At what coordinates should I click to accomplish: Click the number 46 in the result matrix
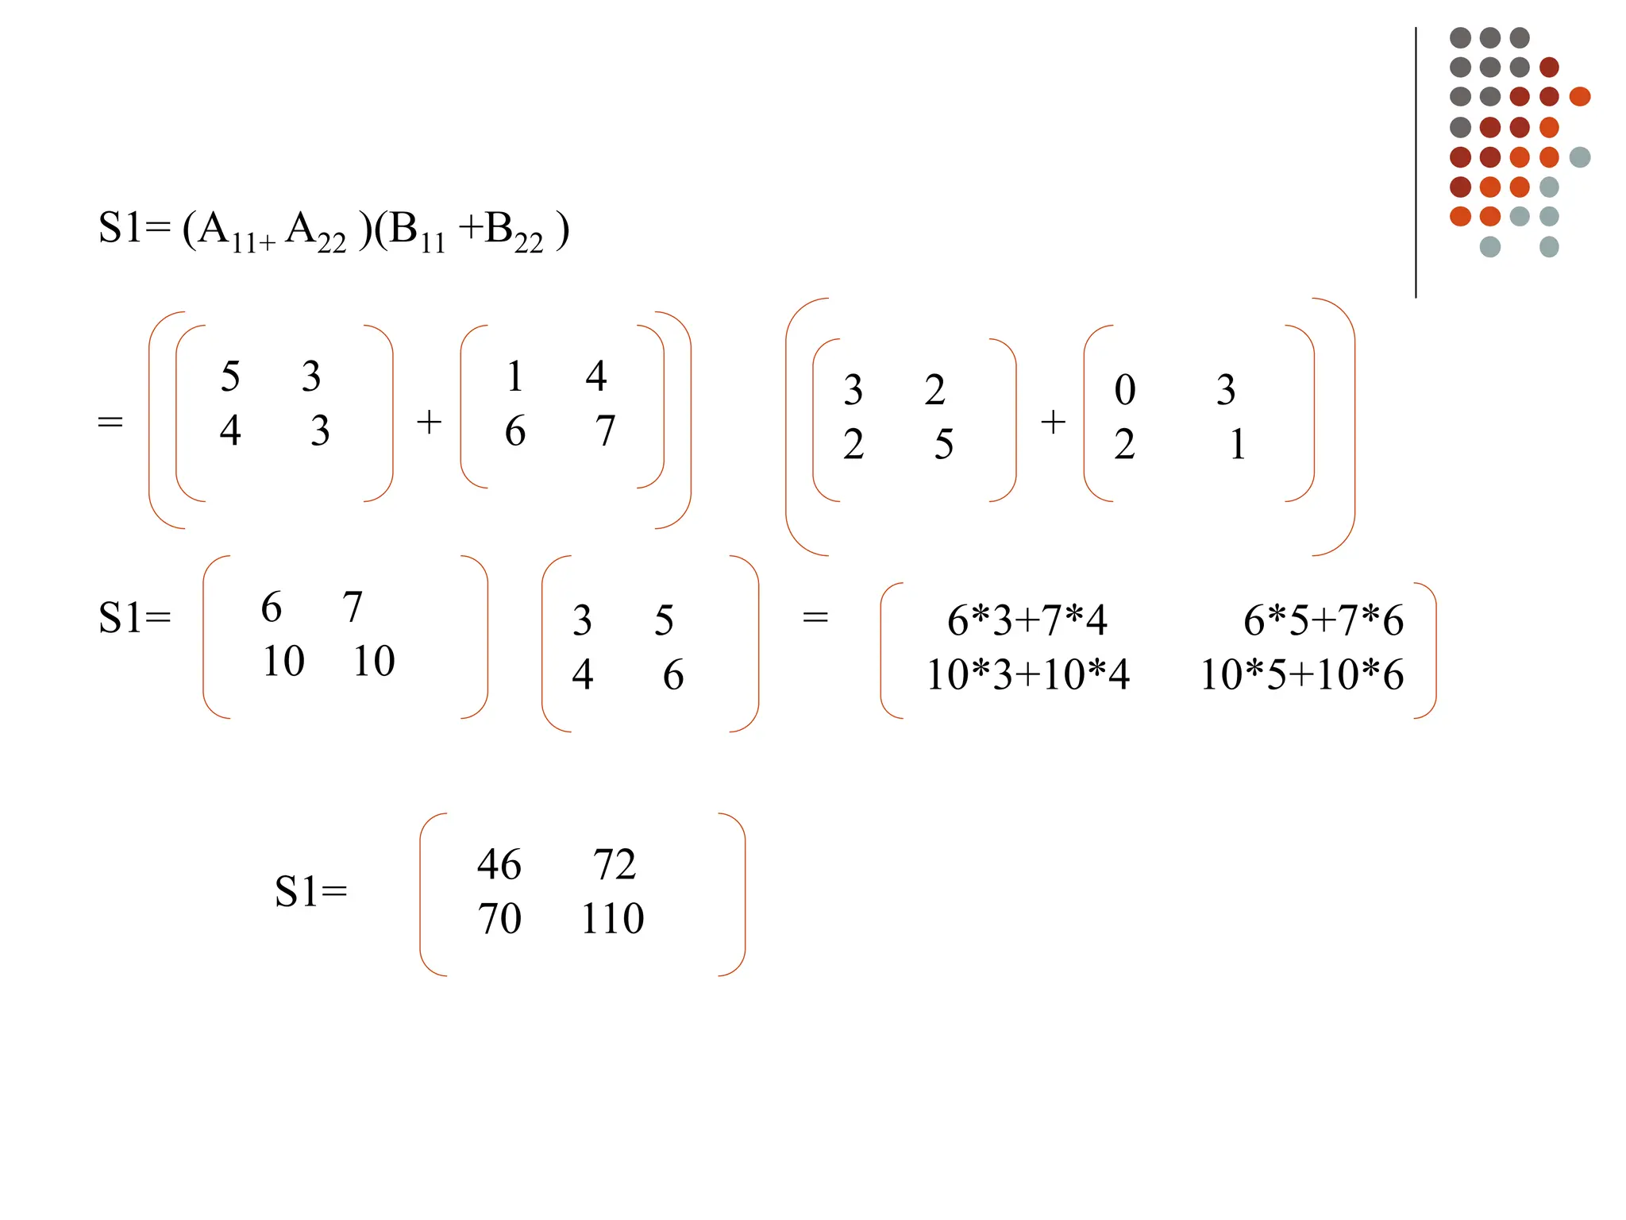tap(499, 864)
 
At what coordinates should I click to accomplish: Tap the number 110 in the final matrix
tap(612, 919)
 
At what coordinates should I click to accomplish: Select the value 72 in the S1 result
tap(615, 864)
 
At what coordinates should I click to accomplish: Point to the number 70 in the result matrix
tap(499, 919)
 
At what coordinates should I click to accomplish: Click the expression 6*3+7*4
tap(1027, 620)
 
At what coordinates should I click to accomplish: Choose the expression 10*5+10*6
tap(1301, 675)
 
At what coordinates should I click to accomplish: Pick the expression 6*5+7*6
tap(1323, 620)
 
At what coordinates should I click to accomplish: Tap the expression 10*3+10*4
tap(1027, 675)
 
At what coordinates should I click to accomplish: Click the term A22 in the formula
tap(316, 232)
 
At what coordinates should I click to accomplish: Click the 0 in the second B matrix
tap(1125, 390)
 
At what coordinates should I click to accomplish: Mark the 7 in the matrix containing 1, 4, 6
tap(605, 431)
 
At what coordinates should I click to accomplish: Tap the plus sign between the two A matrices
tap(429, 422)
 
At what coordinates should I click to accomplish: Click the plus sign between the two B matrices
tap(1053, 422)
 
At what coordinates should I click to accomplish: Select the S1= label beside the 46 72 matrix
tap(310, 891)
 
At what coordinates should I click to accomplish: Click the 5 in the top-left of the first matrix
tap(230, 376)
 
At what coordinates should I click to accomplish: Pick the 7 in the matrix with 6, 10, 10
tap(353, 608)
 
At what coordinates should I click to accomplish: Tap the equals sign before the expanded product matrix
tap(815, 617)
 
